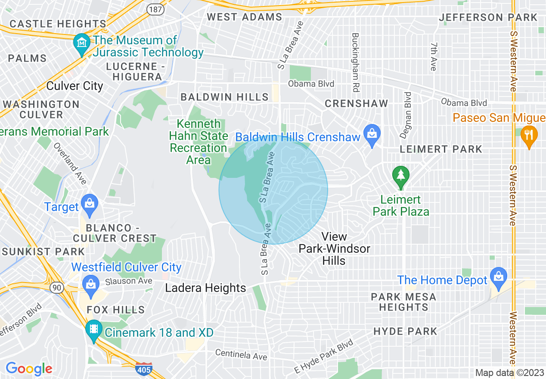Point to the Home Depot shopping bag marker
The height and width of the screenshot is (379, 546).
[499, 275]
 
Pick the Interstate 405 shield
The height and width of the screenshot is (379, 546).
[143, 369]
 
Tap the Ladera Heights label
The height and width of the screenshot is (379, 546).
[205, 288]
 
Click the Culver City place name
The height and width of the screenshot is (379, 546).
[74, 86]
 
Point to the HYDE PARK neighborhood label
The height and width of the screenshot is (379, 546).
[405, 331]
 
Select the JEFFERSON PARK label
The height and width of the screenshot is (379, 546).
[488, 18]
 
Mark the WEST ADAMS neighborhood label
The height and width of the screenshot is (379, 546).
[244, 17]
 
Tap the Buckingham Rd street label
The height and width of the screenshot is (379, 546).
[355, 61]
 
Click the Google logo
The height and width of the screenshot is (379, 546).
[29, 369]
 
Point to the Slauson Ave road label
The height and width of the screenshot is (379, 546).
[129, 281]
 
